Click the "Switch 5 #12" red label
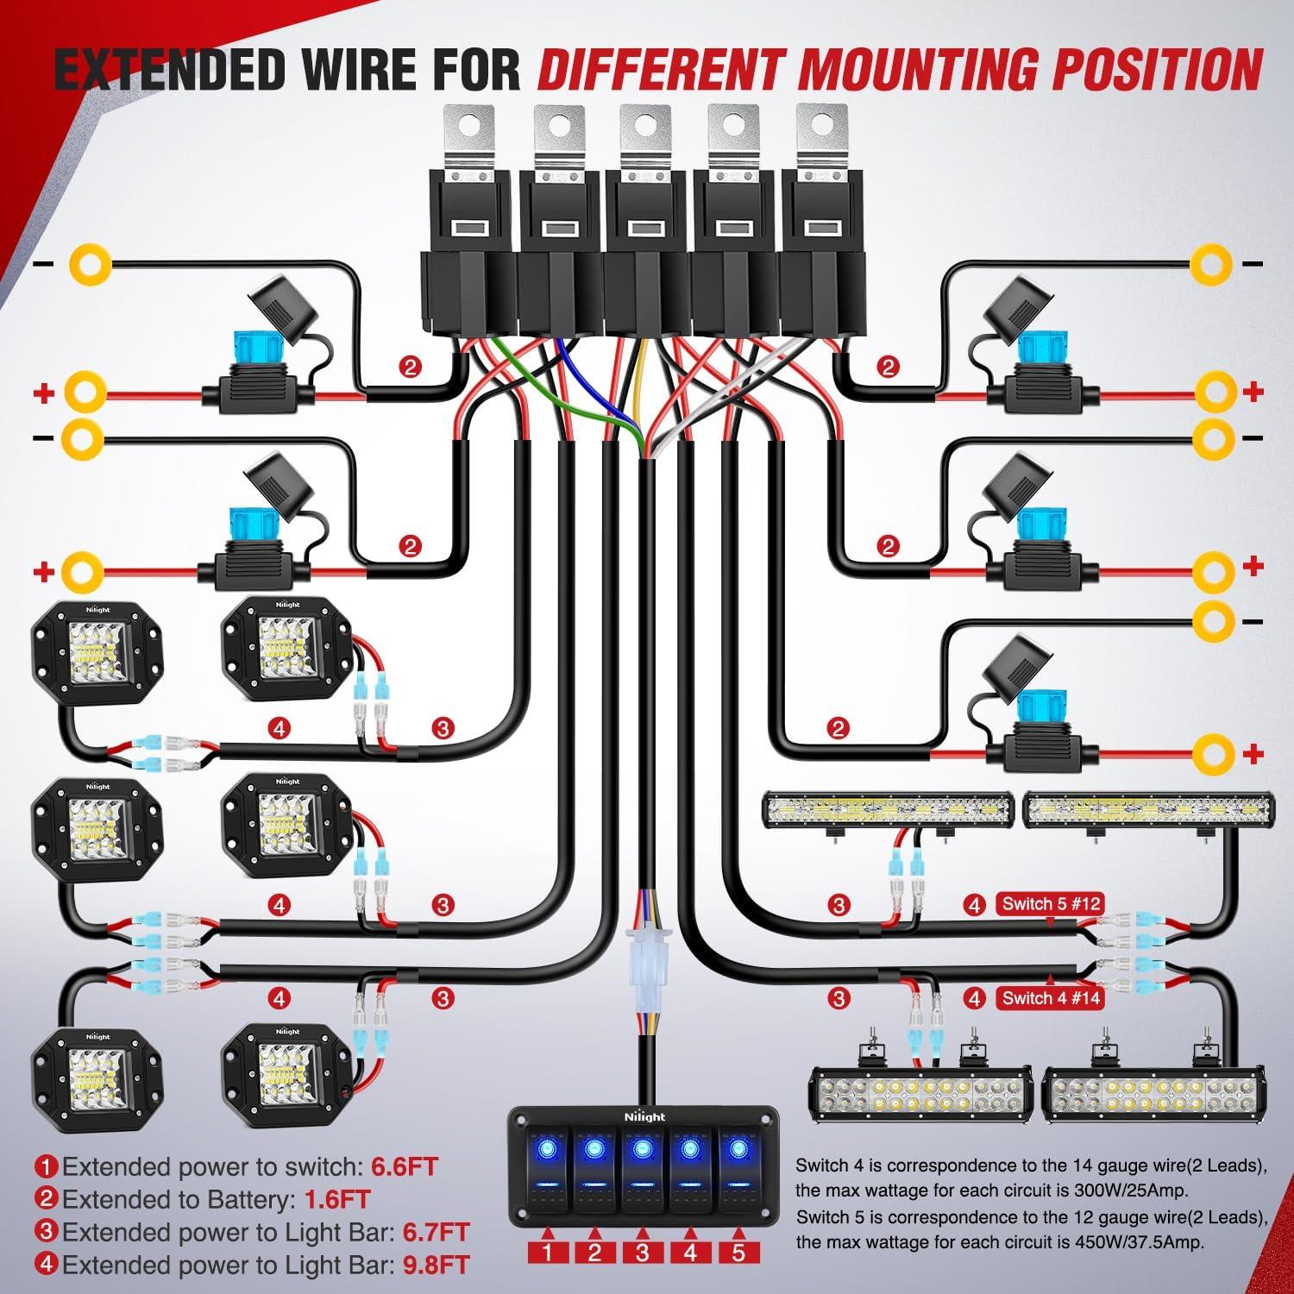pyautogui.click(x=1050, y=904)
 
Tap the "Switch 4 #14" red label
pyautogui.click(x=1050, y=998)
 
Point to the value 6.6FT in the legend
pyautogui.click(x=405, y=1167)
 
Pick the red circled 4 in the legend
pyautogui.click(x=47, y=1266)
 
